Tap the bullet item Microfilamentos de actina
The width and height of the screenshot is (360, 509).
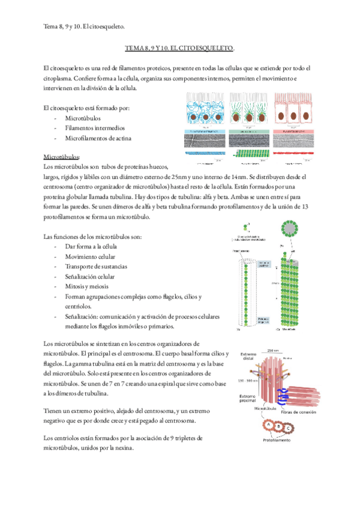(98, 139)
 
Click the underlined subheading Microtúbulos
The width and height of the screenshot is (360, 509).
(61, 155)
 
